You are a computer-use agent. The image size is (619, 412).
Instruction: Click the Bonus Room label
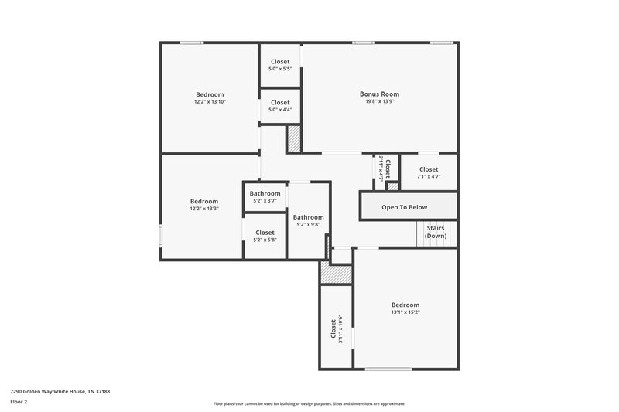(x=379, y=94)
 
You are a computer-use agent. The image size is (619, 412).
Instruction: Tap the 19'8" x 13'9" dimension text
(x=379, y=102)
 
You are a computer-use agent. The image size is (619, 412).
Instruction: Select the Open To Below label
(x=404, y=207)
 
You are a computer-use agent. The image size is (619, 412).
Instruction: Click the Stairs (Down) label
(x=436, y=233)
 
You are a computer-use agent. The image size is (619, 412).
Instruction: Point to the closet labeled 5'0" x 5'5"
(x=280, y=65)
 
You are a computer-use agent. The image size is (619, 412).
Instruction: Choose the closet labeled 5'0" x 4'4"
(x=280, y=105)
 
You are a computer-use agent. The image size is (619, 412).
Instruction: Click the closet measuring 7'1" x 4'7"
(x=429, y=172)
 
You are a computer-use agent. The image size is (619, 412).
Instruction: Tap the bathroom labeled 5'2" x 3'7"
(x=265, y=196)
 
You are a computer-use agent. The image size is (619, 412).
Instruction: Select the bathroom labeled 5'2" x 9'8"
(x=308, y=221)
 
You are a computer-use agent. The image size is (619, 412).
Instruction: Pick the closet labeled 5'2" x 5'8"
(x=265, y=236)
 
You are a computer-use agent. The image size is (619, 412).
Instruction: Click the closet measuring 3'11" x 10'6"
(x=337, y=329)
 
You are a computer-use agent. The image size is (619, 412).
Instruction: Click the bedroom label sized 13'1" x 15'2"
(x=405, y=305)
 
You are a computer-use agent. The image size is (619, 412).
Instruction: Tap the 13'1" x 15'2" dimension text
(x=405, y=312)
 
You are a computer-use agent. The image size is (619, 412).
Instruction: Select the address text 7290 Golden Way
(x=60, y=392)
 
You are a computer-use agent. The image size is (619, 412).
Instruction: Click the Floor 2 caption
(x=19, y=402)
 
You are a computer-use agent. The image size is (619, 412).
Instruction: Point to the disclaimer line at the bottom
(x=309, y=403)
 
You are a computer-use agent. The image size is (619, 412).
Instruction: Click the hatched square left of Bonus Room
(x=294, y=139)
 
